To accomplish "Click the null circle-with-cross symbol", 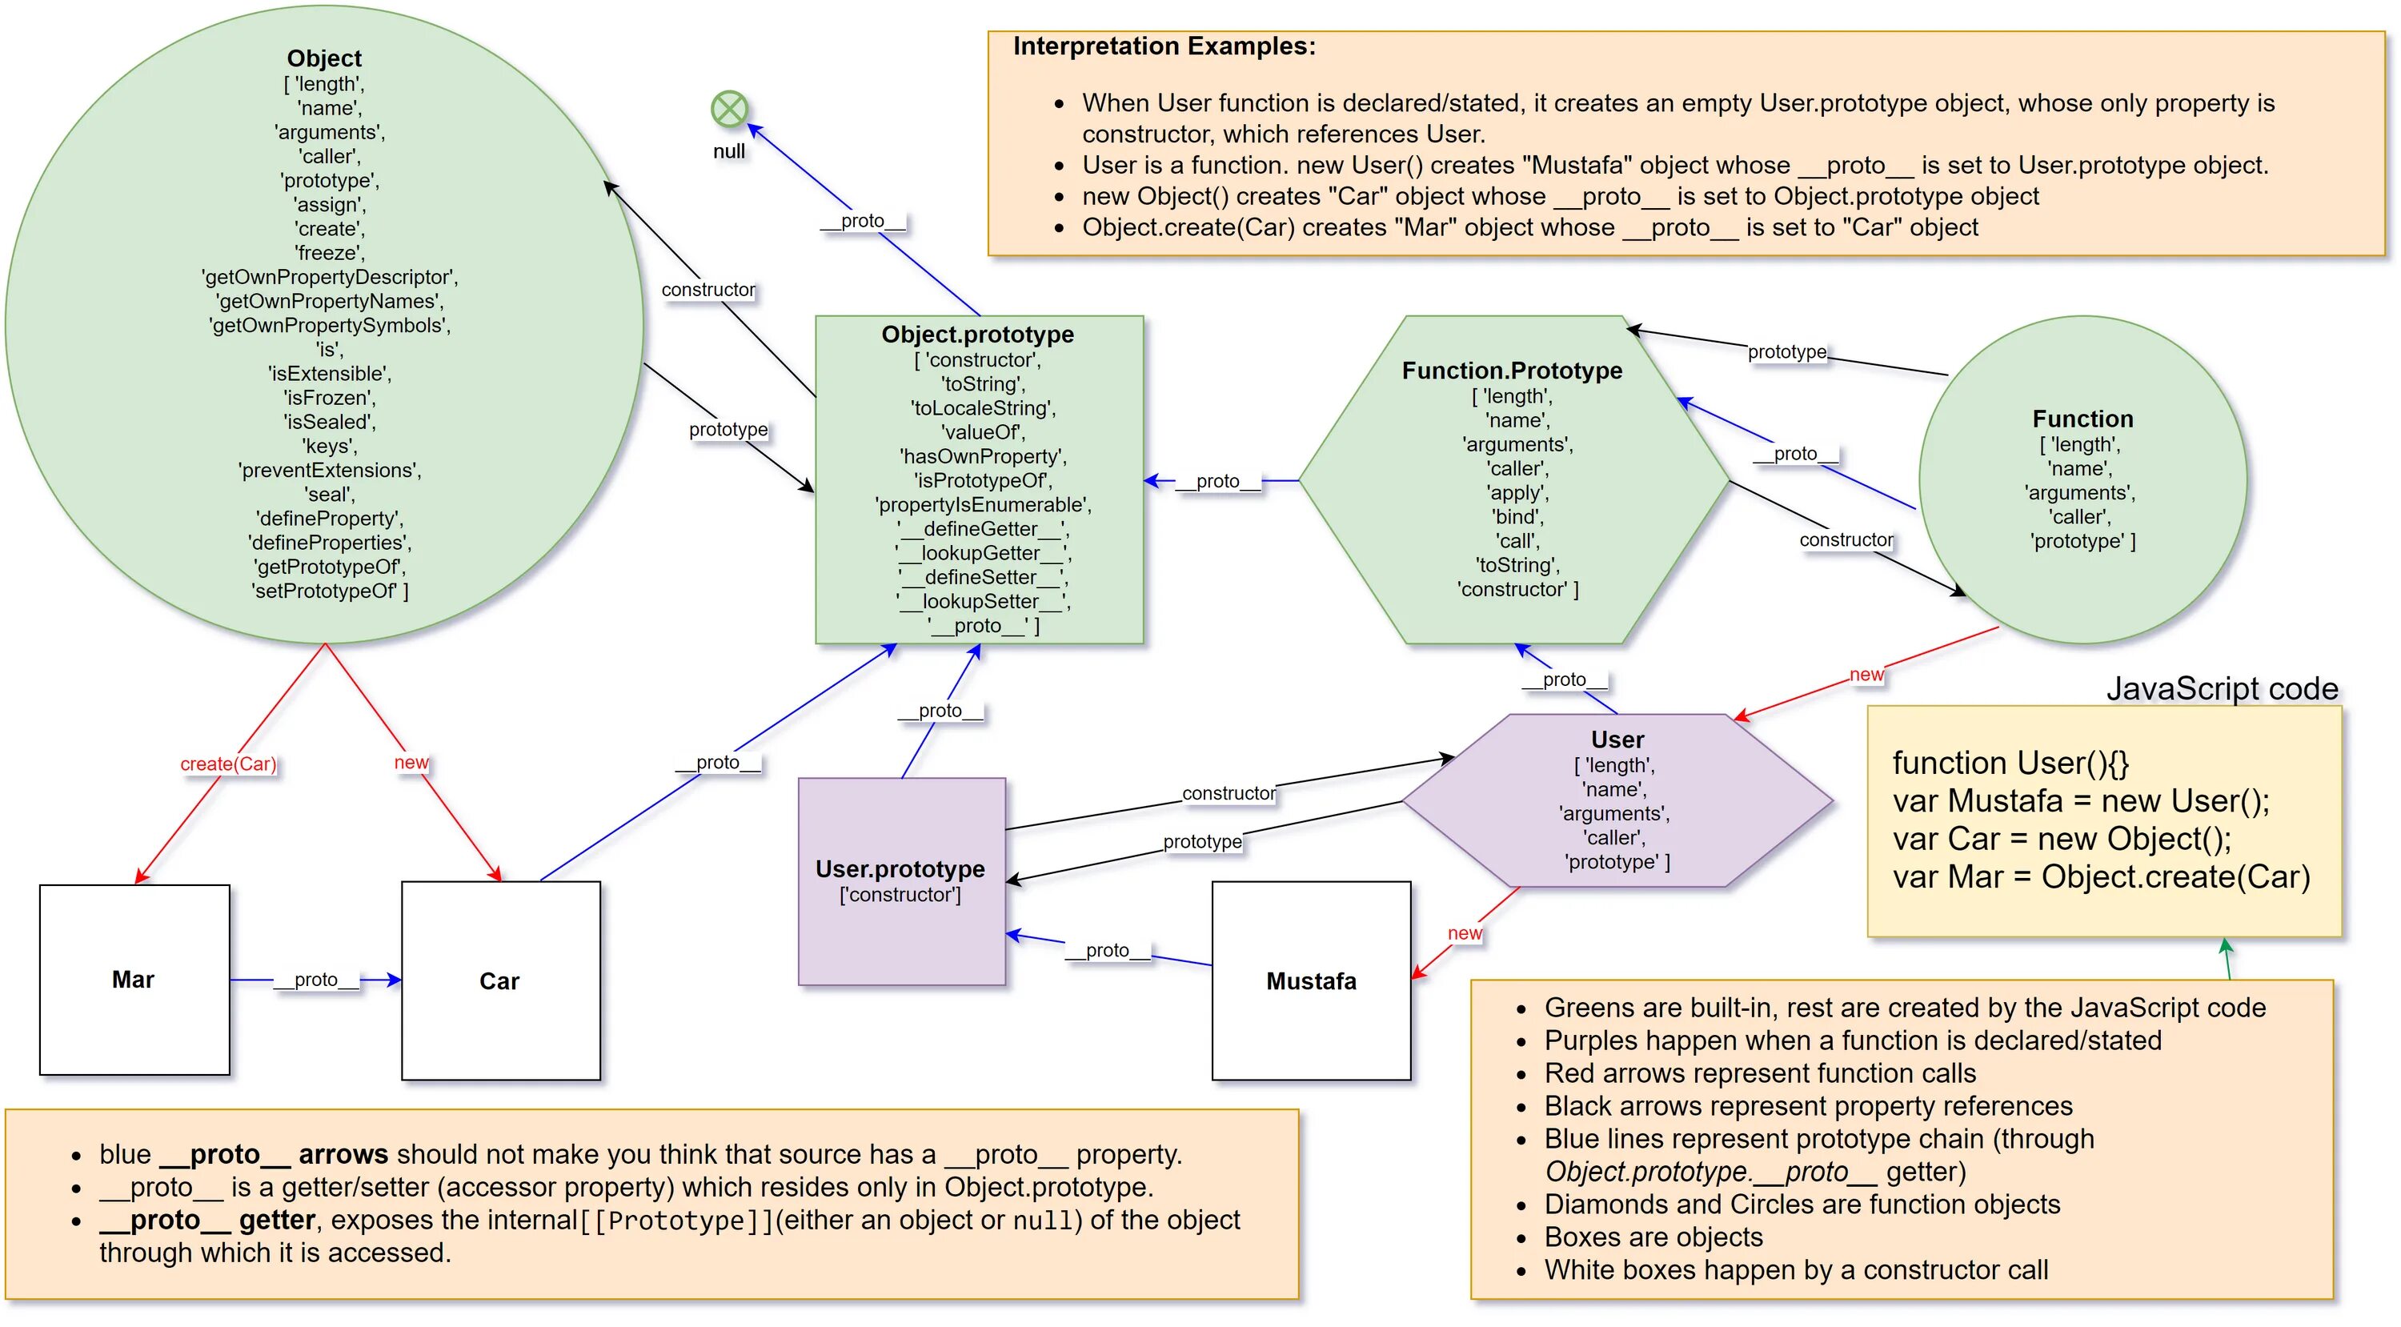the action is point(729,109).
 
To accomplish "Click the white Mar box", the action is point(134,980).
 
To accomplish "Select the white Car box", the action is point(500,980).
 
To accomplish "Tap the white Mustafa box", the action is point(1312,980).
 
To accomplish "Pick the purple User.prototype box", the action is point(901,881).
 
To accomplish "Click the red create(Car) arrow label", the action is point(228,764).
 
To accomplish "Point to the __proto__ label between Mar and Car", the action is point(316,980).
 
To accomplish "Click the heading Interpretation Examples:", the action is point(1164,46).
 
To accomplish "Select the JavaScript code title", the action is point(2222,688).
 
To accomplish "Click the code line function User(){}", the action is point(2010,764).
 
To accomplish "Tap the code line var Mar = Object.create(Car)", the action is point(2101,877).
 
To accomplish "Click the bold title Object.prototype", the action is point(978,335).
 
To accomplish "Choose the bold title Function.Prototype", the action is point(1512,371).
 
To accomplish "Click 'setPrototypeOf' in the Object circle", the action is point(329,591).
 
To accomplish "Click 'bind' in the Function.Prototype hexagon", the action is point(1517,517).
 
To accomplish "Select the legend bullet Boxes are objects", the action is point(1653,1237).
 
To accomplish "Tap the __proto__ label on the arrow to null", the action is point(862,221).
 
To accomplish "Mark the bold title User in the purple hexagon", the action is point(1617,740).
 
